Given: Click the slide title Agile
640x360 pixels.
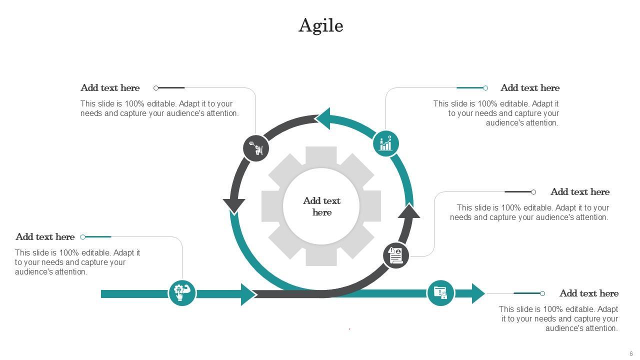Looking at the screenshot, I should pos(320,25).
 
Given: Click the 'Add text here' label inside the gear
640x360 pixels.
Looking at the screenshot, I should pos(321,206).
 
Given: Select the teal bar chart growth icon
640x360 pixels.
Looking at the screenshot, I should pos(386,143).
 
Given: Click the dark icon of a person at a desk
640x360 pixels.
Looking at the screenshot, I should pos(256,148).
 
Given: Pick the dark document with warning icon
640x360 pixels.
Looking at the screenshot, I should pos(396,255).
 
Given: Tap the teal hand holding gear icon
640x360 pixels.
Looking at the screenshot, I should pos(182,293).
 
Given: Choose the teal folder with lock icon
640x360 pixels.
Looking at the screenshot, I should pos(440,293).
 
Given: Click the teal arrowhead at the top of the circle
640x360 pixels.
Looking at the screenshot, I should pos(323,118).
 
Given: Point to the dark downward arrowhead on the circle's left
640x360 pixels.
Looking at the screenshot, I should pos(234,205).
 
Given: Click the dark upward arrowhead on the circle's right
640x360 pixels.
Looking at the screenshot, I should pos(409,212).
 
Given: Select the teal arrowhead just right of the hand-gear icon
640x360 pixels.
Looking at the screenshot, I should pos(248,294).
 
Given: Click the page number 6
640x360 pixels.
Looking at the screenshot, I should pos(631,354).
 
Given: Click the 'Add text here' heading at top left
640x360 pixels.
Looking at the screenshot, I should pos(110,88).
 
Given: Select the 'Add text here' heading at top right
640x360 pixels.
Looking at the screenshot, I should pos(530,88).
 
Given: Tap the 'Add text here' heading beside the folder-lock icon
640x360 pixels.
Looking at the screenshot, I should pos(588,293).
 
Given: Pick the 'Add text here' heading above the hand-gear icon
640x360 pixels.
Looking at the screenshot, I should pos(45,237).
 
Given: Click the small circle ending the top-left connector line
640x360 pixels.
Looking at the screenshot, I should pos(156,88).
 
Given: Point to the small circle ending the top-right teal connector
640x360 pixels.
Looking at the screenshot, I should pos(485,88).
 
